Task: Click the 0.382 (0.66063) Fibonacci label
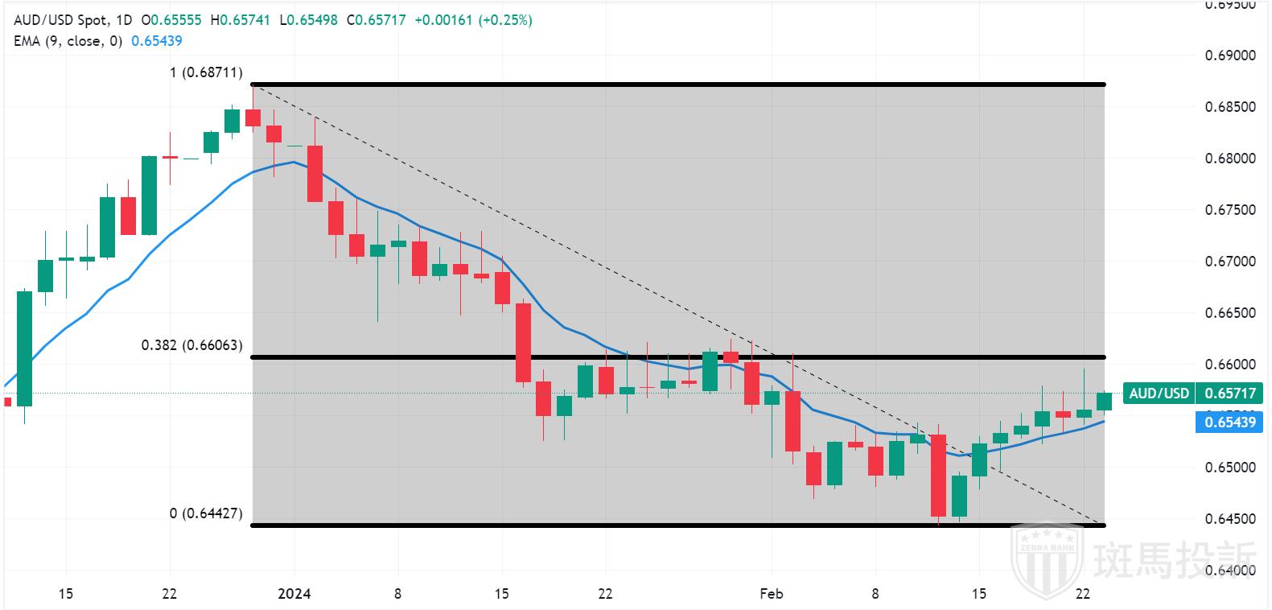pyautogui.click(x=191, y=345)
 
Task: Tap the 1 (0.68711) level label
pyautogui.click(x=205, y=72)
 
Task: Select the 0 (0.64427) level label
pyautogui.click(x=205, y=513)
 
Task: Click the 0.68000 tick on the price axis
pyautogui.click(x=1230, y=159)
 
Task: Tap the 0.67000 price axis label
pyautogui.click(x=1230, y=262)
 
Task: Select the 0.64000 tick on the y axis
pyautogui.click(x=1230, y=571)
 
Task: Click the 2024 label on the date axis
pyautogui.click(x=294, y=594)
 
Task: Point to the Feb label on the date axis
pyautogui.click(x=771, y=594)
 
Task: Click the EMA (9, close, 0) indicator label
pyautogui.click(x=68, y=40)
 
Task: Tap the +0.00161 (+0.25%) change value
pyautogui.click(x=473, y=20)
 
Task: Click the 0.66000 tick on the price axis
pyautogui.click(x=1230, y=365)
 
